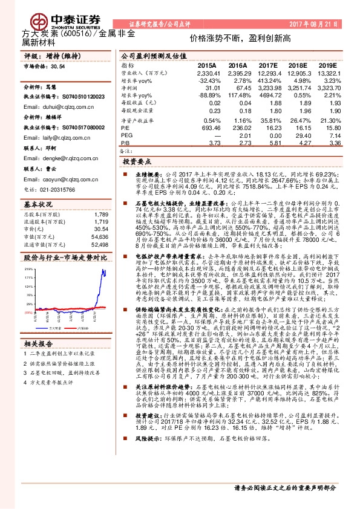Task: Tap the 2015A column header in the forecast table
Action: coord(206,65)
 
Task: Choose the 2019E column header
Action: coord(327,65)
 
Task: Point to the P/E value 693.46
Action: coord(208,129)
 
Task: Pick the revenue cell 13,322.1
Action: coord(326,73)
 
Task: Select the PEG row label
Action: coord(126,136)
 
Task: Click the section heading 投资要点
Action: coord(137,163)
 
